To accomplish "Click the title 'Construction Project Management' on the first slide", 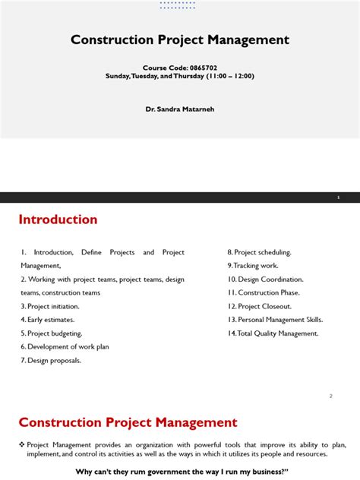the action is [x=180, y=39].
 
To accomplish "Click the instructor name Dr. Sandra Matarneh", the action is [x=180, y=109].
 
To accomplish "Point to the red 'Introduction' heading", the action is [x=58, y=219].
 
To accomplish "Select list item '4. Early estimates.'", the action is [x=48, y=320].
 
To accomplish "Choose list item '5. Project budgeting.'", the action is [x=52, y=333].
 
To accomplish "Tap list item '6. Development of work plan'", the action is [x=65, y=347].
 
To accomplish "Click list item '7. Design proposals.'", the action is [x=51, y=361].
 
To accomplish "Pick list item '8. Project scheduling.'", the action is [x=259, y=252].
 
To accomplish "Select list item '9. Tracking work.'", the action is [x=253, y=266].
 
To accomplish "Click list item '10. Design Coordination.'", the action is [x=265, y=279].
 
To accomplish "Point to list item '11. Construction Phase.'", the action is [x=264, y=292].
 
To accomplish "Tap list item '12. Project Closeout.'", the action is [x=261, y=306].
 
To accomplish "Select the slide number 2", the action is [x=331, y=396].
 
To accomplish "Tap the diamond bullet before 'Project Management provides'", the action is [x=21, y=444].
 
